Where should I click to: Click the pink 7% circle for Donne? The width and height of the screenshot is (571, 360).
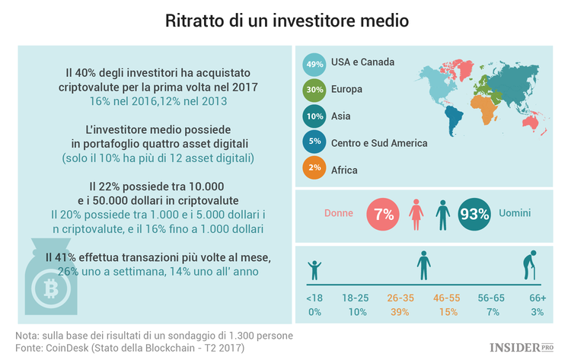pyautogui.click(x=383, y=214)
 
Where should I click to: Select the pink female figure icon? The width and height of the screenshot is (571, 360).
pyautogui.click(x=416, y=215)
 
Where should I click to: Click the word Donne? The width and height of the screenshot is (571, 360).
pyautogui.click(x=340, y=214)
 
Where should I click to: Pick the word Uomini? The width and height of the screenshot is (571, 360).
pyautogui.click(x=515, y=214)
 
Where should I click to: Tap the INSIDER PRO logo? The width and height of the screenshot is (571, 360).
pyautogui.click(x=525, y=347)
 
